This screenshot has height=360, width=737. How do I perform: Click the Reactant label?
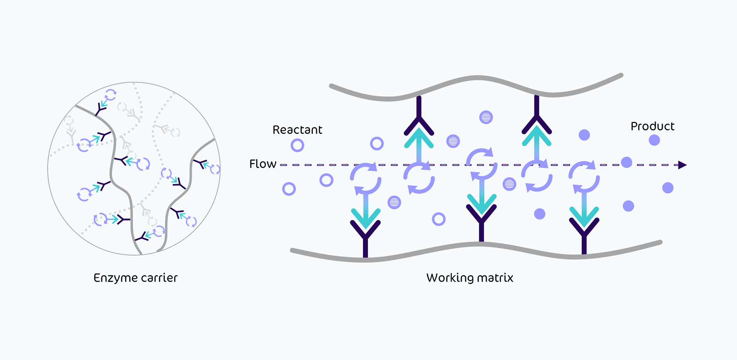[297, 130]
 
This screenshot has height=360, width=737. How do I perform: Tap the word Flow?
[262, 164]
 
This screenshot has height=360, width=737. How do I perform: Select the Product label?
[652, 126]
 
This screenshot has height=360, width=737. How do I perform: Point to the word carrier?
[159, 278]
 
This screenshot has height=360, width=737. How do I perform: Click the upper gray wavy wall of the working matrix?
[477, 78]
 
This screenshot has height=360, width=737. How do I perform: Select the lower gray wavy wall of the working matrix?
[477, 245]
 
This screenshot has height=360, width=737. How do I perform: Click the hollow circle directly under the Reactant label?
[297, 145]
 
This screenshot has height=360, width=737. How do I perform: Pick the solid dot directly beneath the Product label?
[654, 140]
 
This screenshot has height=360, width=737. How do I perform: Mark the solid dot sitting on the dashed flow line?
[627, 162]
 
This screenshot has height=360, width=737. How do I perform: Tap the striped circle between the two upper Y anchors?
[486, 117]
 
